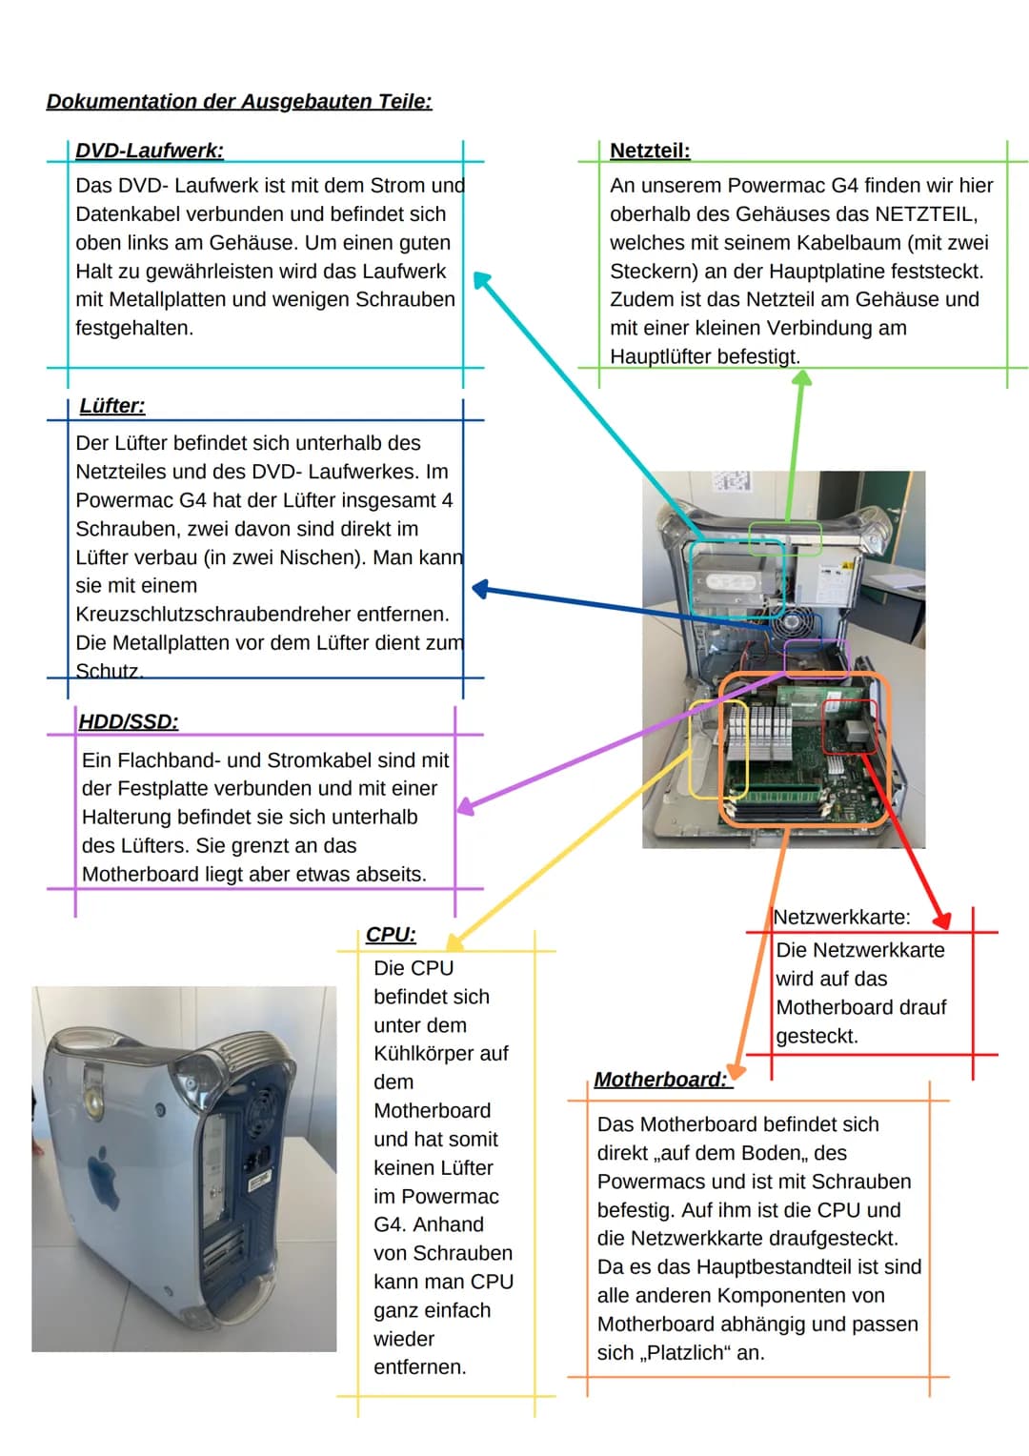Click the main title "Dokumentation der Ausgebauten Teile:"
click(x=239, y=102)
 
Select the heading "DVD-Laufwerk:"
click(x=150, y=151)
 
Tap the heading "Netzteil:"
click(x=650, y=151)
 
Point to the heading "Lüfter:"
click(x=112, y=406)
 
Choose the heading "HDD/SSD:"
click(x=129, y=721)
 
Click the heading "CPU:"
click(x=391, y=935)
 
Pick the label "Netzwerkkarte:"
click(x=842, y=918)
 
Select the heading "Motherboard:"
click(x=661, y=1080)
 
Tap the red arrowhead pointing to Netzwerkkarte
click(x=942, y=920)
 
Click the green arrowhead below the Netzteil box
click(x=803, y=378)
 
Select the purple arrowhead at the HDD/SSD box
click(x=466, y=806)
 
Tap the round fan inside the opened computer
click(x=791, y=624)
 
